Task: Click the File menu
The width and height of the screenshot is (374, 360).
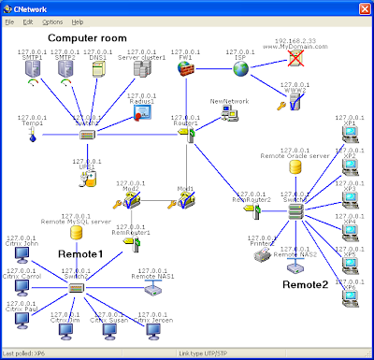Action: click(9, 21)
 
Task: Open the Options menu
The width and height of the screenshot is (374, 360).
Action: click(52, 21)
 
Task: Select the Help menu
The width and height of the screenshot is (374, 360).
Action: click(77, 21)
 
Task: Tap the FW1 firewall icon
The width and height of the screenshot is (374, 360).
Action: click(185, 70)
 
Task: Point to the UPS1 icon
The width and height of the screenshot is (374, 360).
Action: click(87, 175)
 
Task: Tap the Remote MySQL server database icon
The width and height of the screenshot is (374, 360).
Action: click(76, 232)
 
